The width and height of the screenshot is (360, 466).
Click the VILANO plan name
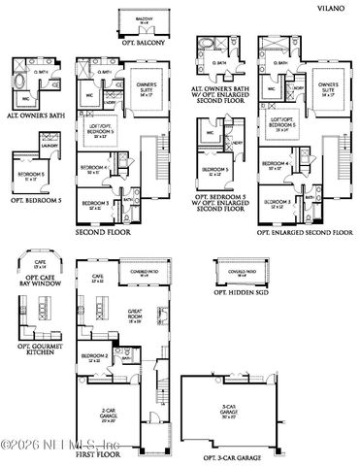pos(332,7)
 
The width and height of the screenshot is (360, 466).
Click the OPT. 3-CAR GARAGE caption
pos(237,456)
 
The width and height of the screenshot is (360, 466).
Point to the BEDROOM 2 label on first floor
pos(96,356)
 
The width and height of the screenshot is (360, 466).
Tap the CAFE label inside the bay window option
pos(40,264)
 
